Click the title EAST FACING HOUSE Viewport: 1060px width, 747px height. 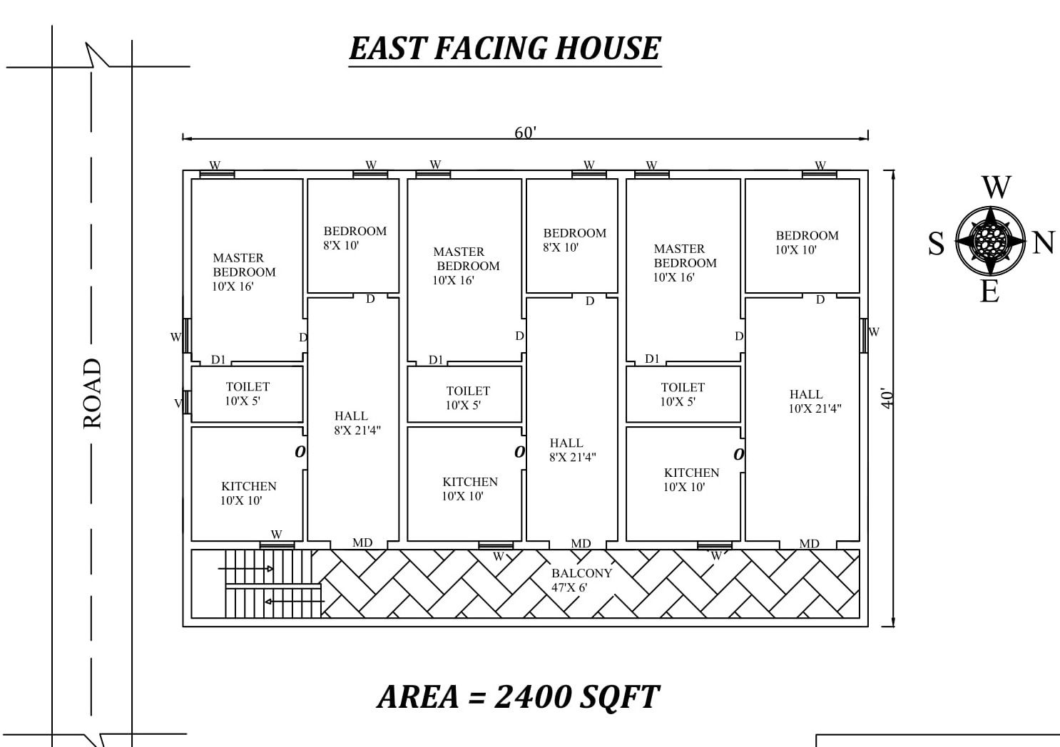coord(505,48)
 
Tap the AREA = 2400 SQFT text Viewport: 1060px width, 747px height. coord(518,697)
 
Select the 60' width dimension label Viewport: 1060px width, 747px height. coord(525,133)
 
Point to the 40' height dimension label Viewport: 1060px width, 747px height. coord(887,398)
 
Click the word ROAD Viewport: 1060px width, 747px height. coord(93,394)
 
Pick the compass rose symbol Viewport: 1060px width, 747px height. coord(990,241)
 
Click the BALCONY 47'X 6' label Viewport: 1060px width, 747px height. coord(581,580)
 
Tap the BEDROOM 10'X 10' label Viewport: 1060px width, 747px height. coord(807,242)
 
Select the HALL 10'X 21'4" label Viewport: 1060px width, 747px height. coord(815,401)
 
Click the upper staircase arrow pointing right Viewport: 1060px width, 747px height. coord(245,568)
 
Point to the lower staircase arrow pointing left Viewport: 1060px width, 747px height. coord(295,602)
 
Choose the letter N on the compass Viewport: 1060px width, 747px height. coord(1044,242)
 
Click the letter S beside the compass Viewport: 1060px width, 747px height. coord(936,244)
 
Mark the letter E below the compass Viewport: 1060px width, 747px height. coord(989,292)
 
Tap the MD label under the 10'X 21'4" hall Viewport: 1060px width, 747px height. coord(809,544)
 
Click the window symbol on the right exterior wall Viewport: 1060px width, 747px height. coord(864,336)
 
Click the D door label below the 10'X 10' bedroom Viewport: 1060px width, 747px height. coord(820,299)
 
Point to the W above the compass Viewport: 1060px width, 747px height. coord(997,187)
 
